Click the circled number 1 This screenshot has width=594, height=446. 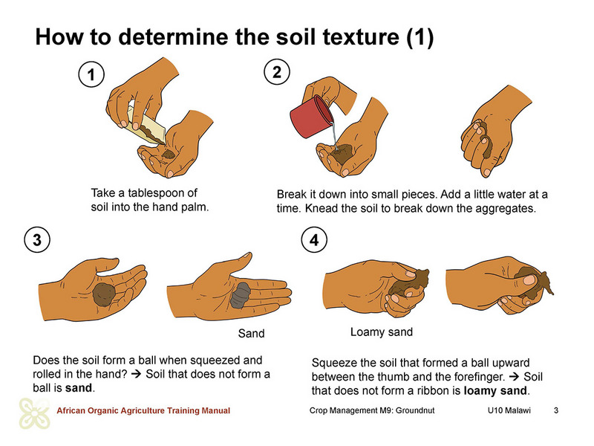click(x=91, y=74)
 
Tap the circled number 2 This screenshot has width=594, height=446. click(x=277, y=72)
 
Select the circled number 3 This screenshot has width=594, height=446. click(x=37, y=239)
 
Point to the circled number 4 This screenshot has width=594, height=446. click(x=314, y=239)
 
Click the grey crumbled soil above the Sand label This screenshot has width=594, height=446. click(x=240, y=294)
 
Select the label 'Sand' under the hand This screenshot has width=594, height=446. click(x=251, y=333)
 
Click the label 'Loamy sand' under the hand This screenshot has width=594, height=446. click(x=382, y=332)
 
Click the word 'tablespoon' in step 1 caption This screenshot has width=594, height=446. click(x=163, y=193)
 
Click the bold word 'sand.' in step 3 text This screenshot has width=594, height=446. click(x=80, y=388)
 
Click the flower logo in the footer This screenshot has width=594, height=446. click(x=34, y=413)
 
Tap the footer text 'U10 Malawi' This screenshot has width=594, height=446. click(x=509, y=410)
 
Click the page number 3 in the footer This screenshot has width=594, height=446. click(x=556, y=410)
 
